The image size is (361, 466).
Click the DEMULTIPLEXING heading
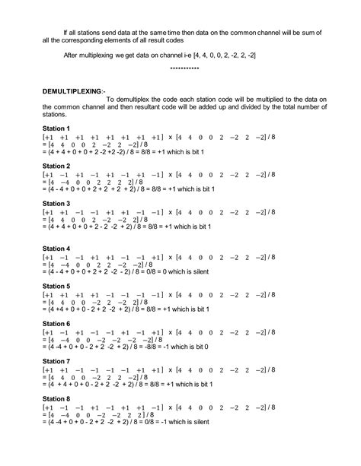[x=71, y=89]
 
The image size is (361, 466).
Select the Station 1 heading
[x=56, y=128]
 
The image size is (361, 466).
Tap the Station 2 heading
[x=56, y=166]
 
